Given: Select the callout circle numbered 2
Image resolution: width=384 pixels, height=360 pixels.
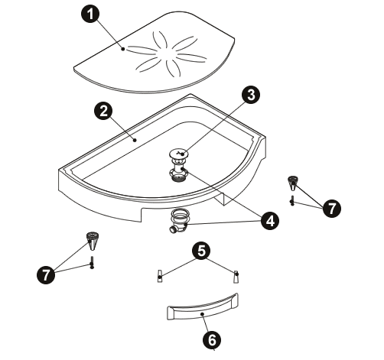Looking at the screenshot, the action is [x=103, y=112].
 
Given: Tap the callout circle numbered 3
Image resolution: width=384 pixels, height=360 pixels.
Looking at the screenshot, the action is [x=251, y=95].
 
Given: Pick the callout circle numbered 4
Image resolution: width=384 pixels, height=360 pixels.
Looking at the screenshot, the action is [x=270, y=221].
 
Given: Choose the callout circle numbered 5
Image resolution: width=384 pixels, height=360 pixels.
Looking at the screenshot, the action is [x=201, y=251].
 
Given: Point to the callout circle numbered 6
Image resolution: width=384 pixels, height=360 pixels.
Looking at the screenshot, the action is [x=212, y=339].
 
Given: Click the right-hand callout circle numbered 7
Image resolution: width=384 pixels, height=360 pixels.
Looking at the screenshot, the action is [x=332, y=208].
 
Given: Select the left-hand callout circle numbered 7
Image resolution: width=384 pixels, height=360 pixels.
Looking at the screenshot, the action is [x=46, y=274].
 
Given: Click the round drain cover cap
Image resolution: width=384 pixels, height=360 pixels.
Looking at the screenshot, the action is [x=179, y=154].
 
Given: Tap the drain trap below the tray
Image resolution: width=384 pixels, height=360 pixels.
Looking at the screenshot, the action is [x=178, y=221].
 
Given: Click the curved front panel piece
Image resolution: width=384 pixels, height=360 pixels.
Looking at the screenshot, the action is [x=203, y=307].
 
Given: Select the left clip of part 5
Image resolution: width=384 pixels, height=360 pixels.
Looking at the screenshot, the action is [x=159, y=276].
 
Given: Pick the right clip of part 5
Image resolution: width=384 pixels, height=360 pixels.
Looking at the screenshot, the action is [x=236, y=277].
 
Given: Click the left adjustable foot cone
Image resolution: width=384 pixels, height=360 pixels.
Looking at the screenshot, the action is [x=93, y=242].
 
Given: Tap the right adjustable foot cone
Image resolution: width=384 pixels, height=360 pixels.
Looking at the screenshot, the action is [x=292, y=183].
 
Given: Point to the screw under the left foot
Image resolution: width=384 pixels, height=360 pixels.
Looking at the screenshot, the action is [x=92, y=262].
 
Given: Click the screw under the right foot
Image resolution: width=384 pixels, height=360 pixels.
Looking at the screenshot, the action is [x=292, y=200].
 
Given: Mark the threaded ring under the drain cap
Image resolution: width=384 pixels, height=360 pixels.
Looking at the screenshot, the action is [x=179, y=174].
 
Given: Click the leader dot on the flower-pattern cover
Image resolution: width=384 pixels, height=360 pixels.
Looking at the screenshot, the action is [x=123, y=49].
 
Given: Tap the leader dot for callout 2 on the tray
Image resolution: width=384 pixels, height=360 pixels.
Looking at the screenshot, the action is [x=135, y=140].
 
